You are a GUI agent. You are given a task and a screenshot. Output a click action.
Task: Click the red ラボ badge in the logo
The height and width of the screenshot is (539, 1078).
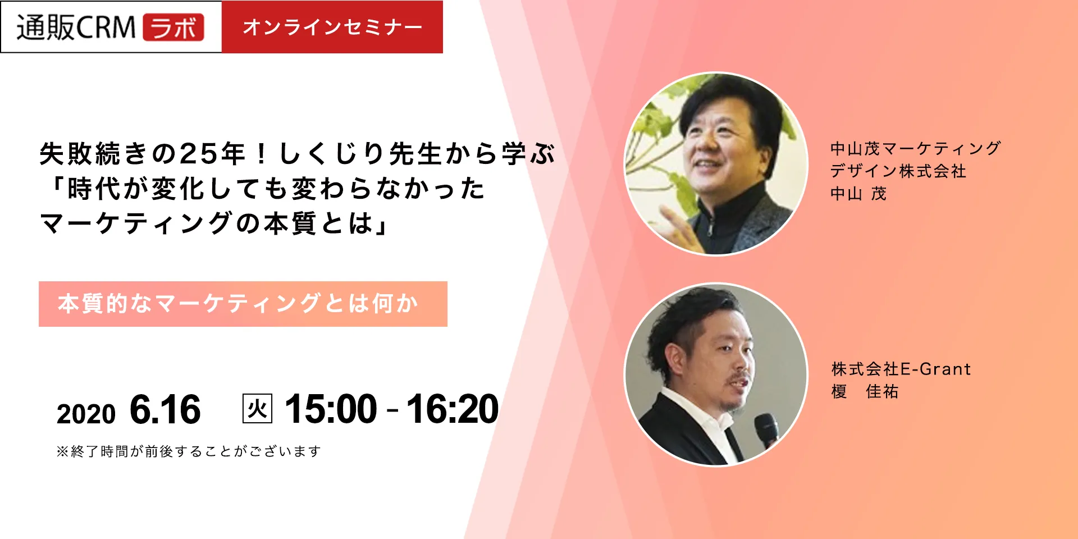(x=173, y=27)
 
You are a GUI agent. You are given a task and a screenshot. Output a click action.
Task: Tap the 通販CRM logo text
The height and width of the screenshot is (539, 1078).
(x=76, y=27)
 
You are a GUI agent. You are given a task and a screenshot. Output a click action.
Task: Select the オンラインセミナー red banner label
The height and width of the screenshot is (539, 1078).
(x=332, y=27)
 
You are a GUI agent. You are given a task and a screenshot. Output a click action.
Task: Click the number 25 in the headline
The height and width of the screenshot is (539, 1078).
(x=198, y=153)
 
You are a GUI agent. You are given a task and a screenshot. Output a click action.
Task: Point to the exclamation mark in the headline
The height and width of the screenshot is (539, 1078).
(x=261, y=153)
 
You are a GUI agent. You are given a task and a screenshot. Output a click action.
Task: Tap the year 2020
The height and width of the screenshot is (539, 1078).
(x=86, y=414)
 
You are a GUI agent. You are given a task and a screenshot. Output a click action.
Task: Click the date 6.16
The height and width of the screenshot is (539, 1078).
(x=165, y=409)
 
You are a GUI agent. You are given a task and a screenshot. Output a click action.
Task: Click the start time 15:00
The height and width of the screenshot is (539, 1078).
(x=331, y=409)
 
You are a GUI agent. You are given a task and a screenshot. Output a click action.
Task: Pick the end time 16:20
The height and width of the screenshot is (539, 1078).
(x=453, y=409)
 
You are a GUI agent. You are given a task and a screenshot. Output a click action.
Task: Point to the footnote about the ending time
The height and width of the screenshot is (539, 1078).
(x=189, y=451)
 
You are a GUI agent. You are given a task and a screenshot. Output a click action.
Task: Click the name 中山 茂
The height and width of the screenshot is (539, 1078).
(x=858, y=194)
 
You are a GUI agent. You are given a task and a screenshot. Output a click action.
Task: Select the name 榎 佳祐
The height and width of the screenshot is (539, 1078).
(x=865, y=391)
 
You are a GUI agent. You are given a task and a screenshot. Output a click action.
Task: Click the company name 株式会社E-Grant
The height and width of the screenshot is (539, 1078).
(x=901, y=369)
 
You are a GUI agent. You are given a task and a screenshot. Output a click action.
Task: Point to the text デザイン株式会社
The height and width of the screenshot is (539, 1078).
(x=898, y=171)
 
